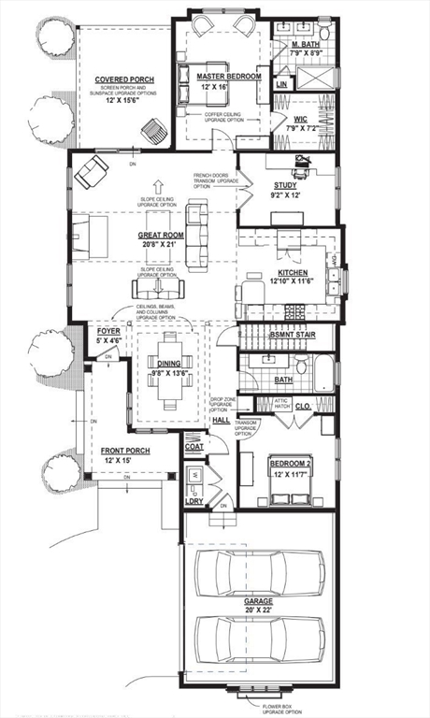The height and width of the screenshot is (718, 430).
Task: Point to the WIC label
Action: click(x=301, y=119)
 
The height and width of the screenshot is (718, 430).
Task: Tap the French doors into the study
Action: click(x=240, y=192)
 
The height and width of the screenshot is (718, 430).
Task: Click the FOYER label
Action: click(x=108, y=331)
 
